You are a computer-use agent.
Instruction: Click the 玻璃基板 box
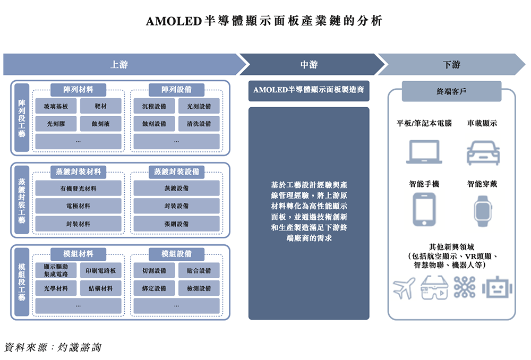[56, 106]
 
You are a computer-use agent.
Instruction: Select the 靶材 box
[100, 106]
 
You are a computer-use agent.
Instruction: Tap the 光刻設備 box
[199, 106]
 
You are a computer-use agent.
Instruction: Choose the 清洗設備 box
[199, 124]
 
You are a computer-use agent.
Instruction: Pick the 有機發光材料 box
[78, 188]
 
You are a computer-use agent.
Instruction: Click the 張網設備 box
[176, 224]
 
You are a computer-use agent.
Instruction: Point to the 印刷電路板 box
[100, 270]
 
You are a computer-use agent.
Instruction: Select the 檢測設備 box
[199, 288]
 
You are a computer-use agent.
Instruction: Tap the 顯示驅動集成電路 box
[56, 270]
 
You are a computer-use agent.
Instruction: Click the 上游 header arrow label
[119, 65]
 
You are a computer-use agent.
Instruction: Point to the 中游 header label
[309, 65]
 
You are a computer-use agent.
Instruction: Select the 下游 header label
[451, 65]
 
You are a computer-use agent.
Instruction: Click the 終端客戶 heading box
[451, 91]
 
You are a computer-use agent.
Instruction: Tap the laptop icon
[424, 152]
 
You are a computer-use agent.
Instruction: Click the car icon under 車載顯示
[483, 152]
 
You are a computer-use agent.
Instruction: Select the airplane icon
[405, 288]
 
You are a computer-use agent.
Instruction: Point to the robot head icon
[498, 288]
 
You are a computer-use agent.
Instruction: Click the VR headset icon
[434, 288]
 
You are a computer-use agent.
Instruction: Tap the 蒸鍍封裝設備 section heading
[176, 172]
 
